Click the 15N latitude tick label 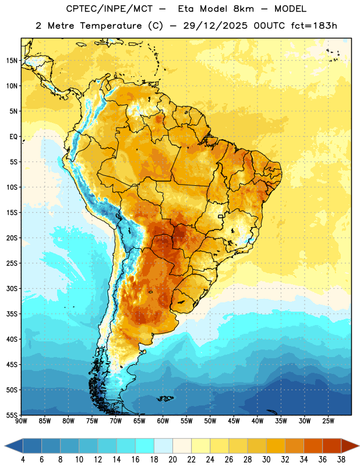point(12,61)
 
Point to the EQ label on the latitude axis point(13,137)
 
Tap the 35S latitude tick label point(12,314)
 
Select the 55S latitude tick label point(12,415)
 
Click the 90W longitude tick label point(21,421)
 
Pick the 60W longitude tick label point(163,421)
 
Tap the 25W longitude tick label point(328,421)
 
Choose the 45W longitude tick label point(234,421)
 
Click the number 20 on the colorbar point(172,460)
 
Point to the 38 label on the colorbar point(341,460)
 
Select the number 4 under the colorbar point(23,460)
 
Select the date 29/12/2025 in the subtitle point(215,26)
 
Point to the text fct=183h point(314,26)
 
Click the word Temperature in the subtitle point(111,26)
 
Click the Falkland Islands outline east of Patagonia point(165,398)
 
